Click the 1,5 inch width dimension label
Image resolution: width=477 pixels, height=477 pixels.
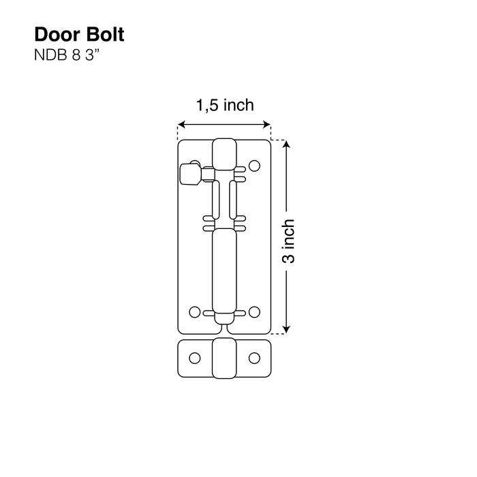point(225,105)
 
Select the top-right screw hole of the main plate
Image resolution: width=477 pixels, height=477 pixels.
point(254,165)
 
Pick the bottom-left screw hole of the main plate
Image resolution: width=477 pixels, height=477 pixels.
point(195,312)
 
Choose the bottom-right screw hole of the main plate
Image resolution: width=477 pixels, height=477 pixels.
point(254,312)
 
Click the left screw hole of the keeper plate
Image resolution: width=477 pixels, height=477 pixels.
point(195,357)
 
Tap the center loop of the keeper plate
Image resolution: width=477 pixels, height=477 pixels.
point(224,358)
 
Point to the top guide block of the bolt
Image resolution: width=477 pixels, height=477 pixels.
point(224,155)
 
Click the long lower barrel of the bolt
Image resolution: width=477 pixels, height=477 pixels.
point(224,269)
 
